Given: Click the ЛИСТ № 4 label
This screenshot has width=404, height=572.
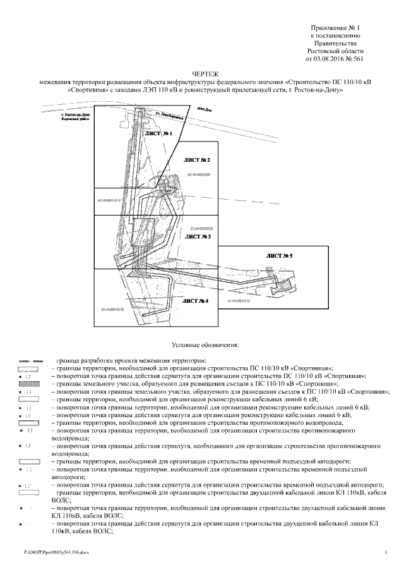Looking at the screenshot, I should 196,301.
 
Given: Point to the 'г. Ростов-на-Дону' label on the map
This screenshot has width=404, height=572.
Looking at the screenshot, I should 75,114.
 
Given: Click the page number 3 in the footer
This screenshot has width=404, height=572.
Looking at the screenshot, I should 384,554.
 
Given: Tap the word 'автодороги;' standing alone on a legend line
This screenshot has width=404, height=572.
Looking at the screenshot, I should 69,477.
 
